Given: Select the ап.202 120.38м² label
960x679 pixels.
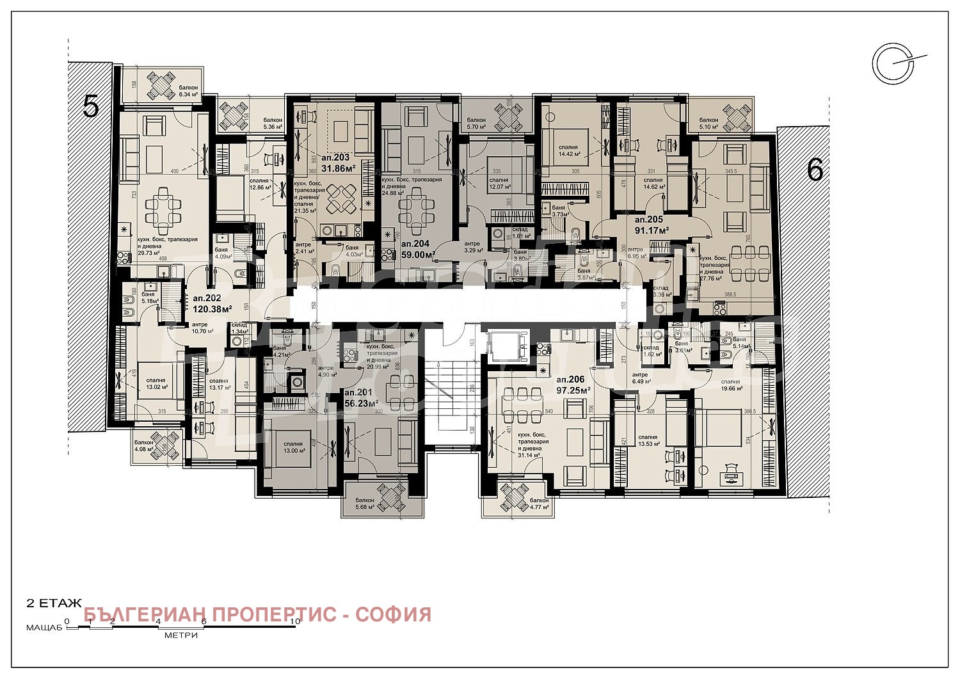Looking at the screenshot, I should pos(207,303).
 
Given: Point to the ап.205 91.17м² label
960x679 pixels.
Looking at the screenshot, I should pos(652,224).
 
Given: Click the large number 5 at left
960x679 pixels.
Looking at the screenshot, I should pos(91,106).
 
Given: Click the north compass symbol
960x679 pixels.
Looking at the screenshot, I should pos(893,63).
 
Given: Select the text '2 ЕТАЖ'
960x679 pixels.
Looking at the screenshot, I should pos(54,603).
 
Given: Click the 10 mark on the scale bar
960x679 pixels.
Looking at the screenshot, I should pos(294,621).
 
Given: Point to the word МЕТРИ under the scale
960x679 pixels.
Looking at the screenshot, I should pos(180,635).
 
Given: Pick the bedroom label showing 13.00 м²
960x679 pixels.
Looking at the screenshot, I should pos(293,447).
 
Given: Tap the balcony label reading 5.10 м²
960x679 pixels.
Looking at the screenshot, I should pos(708,123).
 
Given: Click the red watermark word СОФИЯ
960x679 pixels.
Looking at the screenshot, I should pos(393,614).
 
